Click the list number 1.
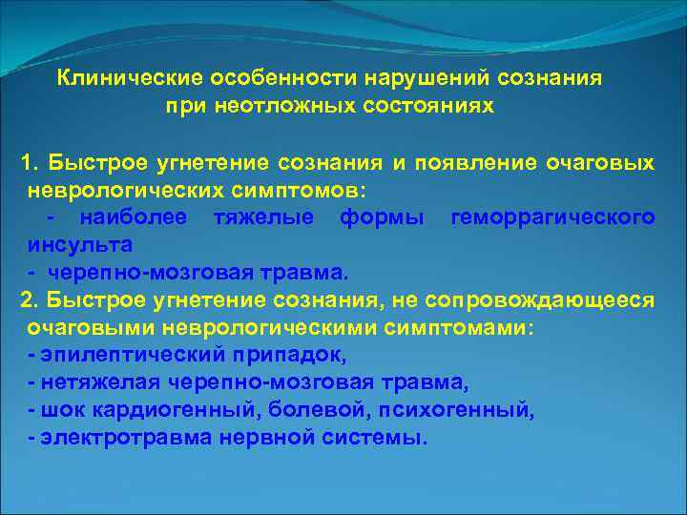coord(30,163)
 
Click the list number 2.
coord(30,301)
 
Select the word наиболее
coord(134,218)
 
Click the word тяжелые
coord(257,218)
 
